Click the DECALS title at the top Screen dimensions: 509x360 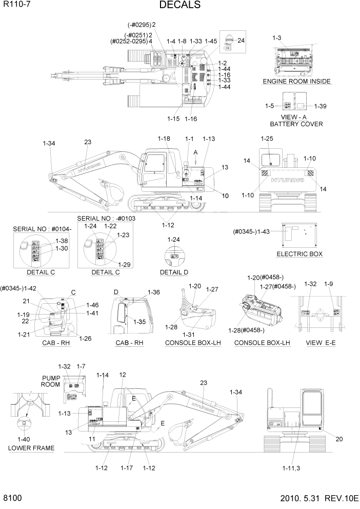pyautogui.click(x=180, y=5)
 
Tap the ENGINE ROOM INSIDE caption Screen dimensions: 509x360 pyautogui.click(x=296, y=82)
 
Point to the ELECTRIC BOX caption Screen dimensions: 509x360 pyautogui.click(x=299, y=254)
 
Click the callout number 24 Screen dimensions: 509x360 pyautogui.click(x=241, y=40)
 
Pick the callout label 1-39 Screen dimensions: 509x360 pyautogui.click(x=319, y=106)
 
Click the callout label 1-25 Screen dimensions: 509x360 pyautogui.click(x=267, y=139)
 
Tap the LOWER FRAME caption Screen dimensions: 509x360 pyautogui.click(x=31, y=448)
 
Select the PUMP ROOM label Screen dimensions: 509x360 pyautogui.click(x=51, y=381)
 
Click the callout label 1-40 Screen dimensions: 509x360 pyautogui.click(x=24, y=439)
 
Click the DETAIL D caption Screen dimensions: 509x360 pyautogui.click(x=174, y=271)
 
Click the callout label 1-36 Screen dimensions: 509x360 pyautogui.click(x=154, y=292)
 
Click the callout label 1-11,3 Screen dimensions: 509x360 pyautogui.click(x=294, y=468)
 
